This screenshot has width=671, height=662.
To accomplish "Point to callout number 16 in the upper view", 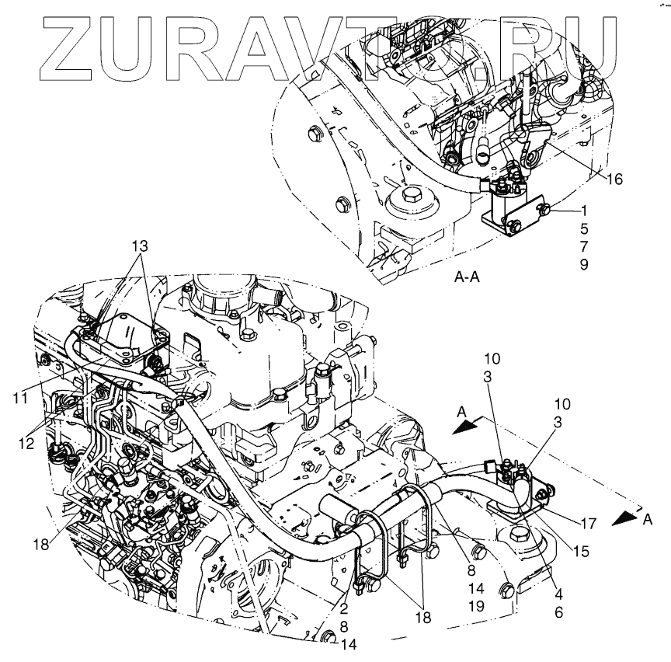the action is [x=614, y=179].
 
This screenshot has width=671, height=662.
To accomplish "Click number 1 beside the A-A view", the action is [x=583, y=211].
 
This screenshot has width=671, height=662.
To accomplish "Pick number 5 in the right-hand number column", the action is [x=583, y=229].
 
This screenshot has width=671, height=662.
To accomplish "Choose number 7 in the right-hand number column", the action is [x=583, y=246].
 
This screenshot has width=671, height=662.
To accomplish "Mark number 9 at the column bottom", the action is [x=583, y=264].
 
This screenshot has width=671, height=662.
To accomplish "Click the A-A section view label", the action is [x=470, y=277].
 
